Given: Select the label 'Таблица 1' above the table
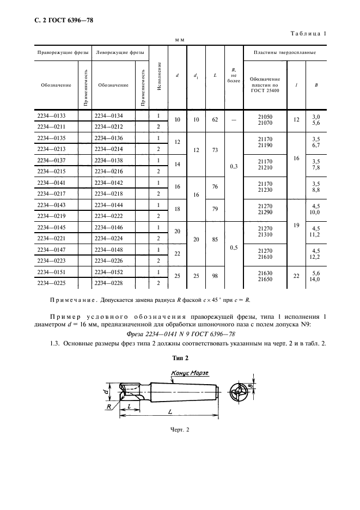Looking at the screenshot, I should click(x=308, y=34).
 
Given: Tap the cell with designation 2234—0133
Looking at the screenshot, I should click(x=53, y=116).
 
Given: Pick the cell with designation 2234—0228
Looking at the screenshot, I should click(x=109, y=283).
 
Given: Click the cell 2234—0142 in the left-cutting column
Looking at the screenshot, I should click(x=109, y=183).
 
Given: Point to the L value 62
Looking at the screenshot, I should click(x=215, y=120).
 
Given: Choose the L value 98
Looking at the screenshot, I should click(x=215, y=276).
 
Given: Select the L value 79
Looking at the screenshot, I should click(x=215, y=209).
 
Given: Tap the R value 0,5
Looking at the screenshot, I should click(x=233, y=247).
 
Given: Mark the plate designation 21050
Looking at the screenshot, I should click(x=265, y=117).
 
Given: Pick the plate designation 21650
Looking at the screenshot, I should click(x=265, y=280).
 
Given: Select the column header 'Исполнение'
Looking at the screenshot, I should click(x=158, y=77).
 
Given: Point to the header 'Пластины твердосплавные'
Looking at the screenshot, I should click(x=285, y=53).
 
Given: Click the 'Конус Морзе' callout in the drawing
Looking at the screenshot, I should click(x=187, y=374).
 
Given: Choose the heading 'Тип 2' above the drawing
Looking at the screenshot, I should click(x=180, y=357).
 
